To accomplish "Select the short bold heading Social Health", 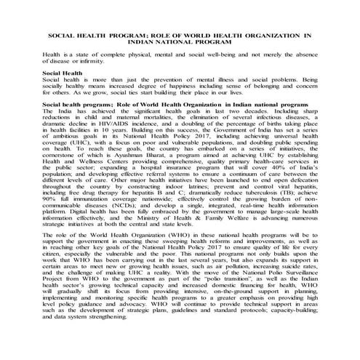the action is (62, 73).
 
